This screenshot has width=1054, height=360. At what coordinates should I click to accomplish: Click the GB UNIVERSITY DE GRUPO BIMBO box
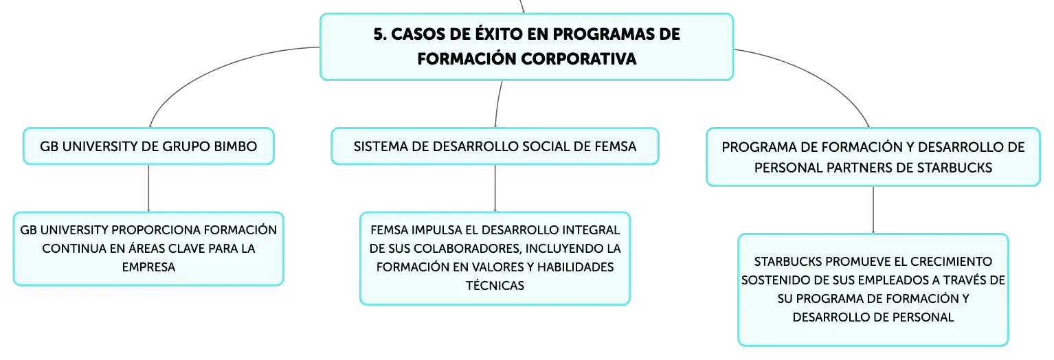click(x=148, y=146)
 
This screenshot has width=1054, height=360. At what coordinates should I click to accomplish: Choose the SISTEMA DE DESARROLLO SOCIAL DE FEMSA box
click(x=495, y=146)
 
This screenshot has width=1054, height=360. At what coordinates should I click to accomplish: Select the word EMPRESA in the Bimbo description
click(x=148, y=267)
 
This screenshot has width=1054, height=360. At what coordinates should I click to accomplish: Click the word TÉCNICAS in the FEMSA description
click(x=495, y=285)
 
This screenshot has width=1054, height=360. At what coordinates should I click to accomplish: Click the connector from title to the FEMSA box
click(x=498, y=104)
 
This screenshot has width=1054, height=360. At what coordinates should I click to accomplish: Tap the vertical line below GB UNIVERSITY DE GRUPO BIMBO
click(x=148, y=188)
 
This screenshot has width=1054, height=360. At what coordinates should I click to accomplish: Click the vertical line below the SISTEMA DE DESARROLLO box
click(x=495, y=188)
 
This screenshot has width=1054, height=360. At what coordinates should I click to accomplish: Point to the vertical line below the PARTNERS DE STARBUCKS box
click(x=873, y=210)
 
